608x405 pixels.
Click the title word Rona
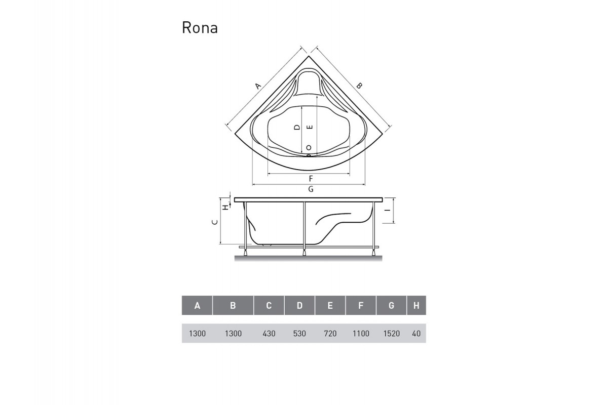pos(200,28)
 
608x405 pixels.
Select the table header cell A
pos(197,305)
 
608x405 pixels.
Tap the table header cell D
pos(299,305)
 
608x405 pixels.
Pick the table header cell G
pos(391,305)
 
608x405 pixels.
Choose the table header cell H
pos(416,305)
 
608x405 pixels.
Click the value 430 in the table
pos(269,334)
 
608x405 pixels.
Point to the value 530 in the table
pos(299,334)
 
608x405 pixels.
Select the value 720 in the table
pos(330,334)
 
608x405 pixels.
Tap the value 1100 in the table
pos(361,334)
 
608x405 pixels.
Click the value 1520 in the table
pos(391,334)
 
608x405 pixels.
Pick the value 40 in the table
pos(416,334)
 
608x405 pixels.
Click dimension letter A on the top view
pos(257,86)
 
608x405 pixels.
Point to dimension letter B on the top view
pos(359,86)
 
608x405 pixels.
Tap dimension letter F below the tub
pos(310,179)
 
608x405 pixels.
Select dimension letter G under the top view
pos(310,189)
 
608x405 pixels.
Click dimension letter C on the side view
pos(214,222)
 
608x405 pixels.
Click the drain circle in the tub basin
pos(309,148)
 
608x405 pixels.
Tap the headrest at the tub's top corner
pos(309,82)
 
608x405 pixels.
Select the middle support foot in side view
pos(304,252)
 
